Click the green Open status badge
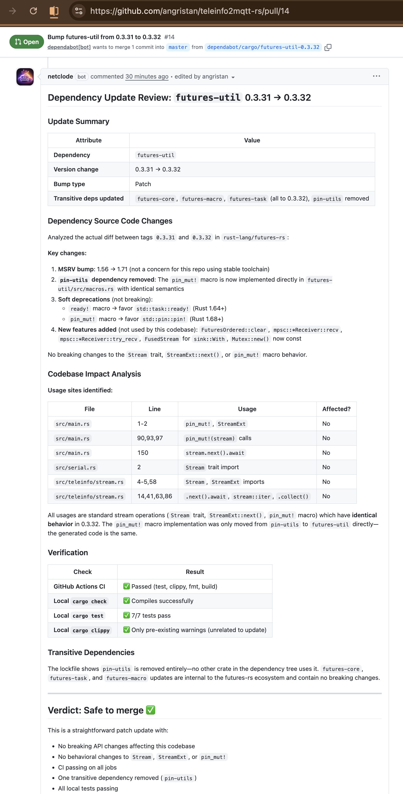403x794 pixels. coord(26,42)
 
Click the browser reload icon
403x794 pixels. coord(33,11)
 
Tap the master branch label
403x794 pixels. coord(178,47)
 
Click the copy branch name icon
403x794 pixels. coord(328,47)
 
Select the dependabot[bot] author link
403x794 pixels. coord(69,47)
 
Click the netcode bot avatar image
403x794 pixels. coord(25,77)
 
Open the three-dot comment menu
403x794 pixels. coord(376,76)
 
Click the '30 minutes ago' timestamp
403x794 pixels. coord(147,77)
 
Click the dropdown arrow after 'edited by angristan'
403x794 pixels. coord(233,77)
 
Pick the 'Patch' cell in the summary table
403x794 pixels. coord(143,184)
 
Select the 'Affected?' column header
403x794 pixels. coord(336,409)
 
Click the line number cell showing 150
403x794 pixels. coord(143,453)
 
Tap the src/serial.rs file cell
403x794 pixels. coord(75,467)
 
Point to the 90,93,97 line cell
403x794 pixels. coord(150,438)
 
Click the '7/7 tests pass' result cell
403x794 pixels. coord(151,616)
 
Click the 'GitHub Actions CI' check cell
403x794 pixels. coord(79,586)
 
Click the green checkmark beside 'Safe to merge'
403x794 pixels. coord(151,710)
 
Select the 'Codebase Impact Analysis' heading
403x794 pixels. coord(94,374)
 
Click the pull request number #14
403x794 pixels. coord(169,37)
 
